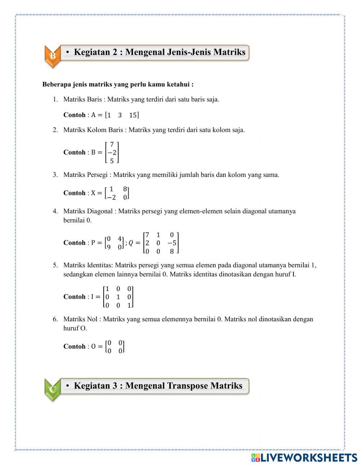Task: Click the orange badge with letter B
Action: (x=53, y=56)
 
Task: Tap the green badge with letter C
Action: (x=53, y=389)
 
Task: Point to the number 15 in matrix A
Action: (x=133, y=115)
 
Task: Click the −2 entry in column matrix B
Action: (x=112, y=153)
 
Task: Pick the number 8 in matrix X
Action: (x=125, y=189)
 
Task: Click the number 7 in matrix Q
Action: (x=147, y=235)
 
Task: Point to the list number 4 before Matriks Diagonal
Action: (x=55, y=211)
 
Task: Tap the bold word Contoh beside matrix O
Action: (x=74, y=346)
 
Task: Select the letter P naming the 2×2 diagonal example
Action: (x=93, y=243)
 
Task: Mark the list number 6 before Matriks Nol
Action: (x=55, y=319)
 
